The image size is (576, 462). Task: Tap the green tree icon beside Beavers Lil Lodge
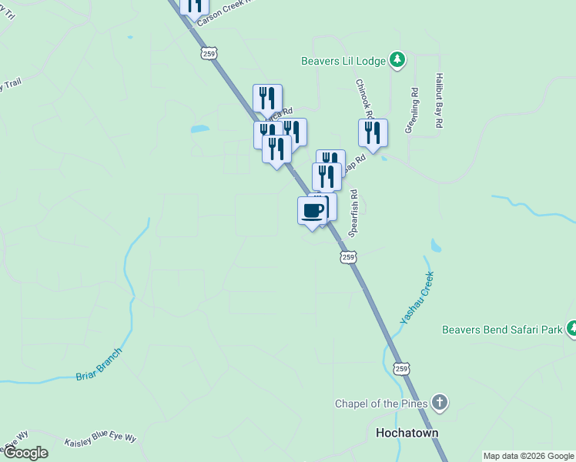pos(397,60)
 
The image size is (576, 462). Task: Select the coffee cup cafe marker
pos(312,211)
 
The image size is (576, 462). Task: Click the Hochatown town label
pos(407,433)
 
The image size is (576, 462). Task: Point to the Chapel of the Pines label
pos(380,403)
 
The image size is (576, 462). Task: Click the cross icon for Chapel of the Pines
pos(439,403)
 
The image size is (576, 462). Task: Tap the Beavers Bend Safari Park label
pos(502,330)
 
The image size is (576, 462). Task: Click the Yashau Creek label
pos(417,296)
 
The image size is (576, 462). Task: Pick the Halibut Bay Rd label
pos(438,101)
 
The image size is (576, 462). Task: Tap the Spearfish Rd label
pos(354,213)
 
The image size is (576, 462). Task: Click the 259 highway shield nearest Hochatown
pos(401,369)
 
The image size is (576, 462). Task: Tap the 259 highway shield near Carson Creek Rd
pos(210,52)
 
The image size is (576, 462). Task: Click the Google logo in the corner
pos(25,453)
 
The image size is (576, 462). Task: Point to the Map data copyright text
pos(528,456)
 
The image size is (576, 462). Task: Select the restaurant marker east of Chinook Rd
pos(373,132)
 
